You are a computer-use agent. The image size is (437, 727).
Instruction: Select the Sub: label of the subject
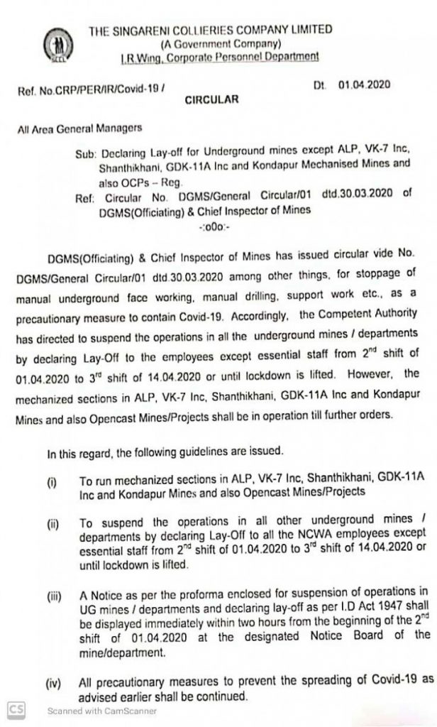(87, 153)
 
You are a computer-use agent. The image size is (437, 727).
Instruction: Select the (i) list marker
(52, 483)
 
